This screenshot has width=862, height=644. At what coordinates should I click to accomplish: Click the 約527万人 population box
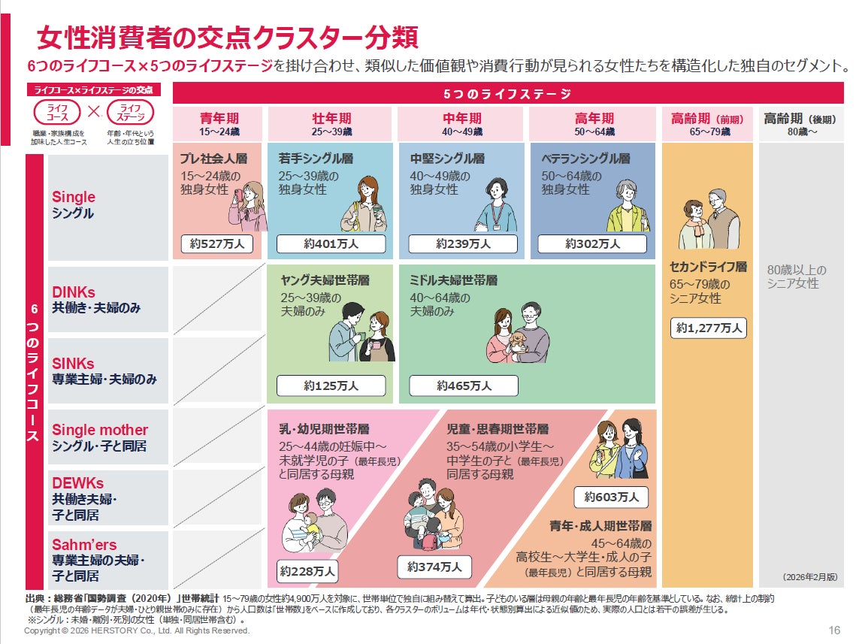217,244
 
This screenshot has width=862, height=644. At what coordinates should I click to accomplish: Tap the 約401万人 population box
331,244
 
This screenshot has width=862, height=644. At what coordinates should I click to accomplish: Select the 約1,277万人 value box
709,328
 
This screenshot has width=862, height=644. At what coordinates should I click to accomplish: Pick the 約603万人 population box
611,497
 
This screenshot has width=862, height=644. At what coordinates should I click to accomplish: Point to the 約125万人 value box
331,386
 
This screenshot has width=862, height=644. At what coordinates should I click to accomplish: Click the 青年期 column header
218,123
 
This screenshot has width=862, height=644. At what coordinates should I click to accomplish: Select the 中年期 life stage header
462,123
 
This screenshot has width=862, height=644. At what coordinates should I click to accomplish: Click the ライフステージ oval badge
130,113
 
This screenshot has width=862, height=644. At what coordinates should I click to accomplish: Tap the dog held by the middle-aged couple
516,342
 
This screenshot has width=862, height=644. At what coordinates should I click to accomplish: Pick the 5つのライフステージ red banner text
507,94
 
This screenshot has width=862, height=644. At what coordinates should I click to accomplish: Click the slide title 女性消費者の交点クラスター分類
227,38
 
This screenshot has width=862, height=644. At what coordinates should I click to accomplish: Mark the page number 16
834,630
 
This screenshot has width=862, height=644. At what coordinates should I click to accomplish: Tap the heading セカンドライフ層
709,267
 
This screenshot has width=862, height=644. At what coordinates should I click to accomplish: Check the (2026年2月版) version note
809,577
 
